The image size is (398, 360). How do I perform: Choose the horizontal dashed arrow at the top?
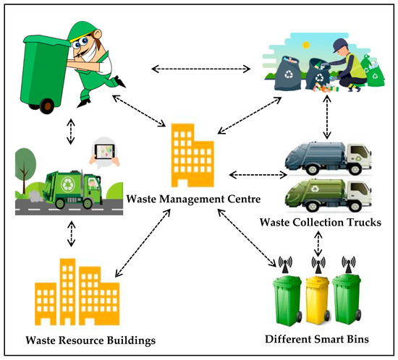coord(200,69)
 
